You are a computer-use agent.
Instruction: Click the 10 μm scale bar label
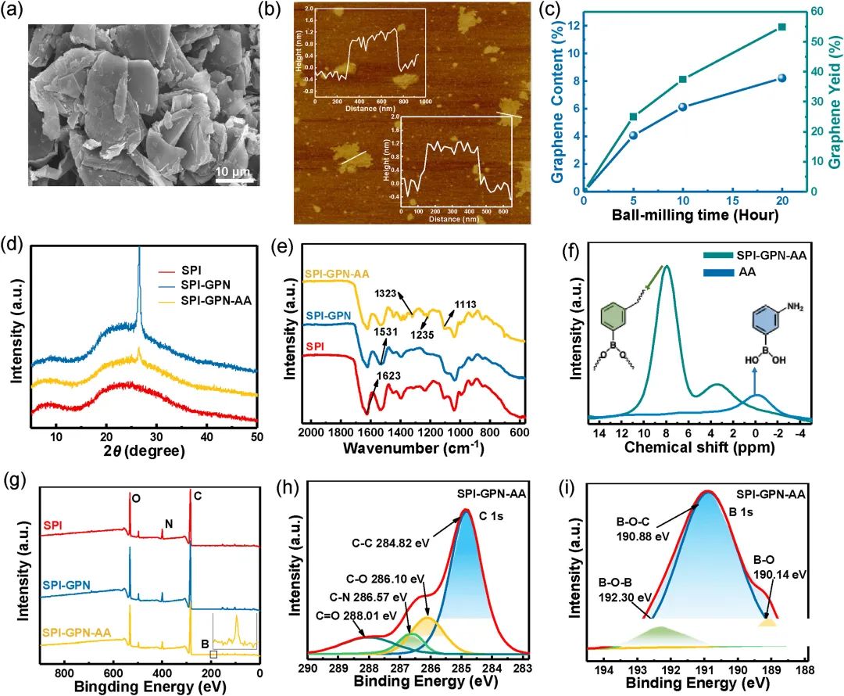[x=231, y=171]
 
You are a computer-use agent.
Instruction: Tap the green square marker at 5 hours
[x=633, y=117]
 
